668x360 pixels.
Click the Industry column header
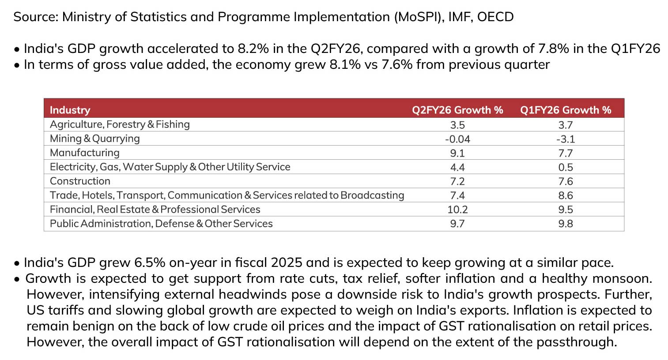point(70,110)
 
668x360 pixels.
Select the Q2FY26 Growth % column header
point(457,110)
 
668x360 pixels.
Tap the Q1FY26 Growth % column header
point(566,110)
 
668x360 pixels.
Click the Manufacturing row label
point(84,153)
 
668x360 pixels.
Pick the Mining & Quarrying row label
point(94,139)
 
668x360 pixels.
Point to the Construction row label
point(80,181)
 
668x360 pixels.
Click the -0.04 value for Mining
point(457,139)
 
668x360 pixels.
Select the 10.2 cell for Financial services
point(457,210)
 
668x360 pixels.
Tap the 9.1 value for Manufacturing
point(457,153)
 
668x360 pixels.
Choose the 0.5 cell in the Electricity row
point(566,167)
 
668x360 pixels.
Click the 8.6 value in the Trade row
point(566,195)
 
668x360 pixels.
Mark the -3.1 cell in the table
point(566,139)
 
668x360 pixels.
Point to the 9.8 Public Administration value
point(566,224)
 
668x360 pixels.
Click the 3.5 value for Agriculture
point(457,125)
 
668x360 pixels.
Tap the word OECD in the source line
point(495,17)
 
